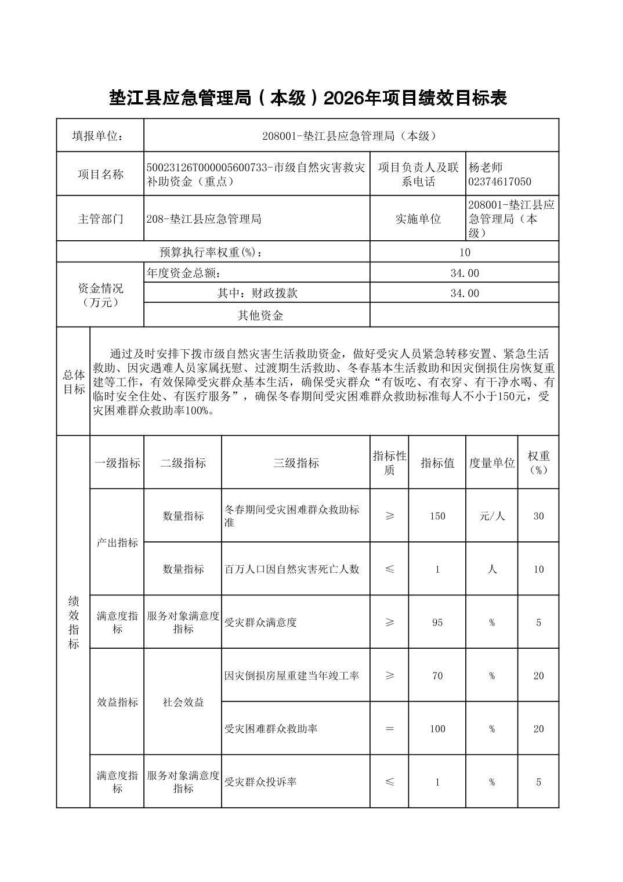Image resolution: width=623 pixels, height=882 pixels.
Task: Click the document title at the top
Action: point(308,98)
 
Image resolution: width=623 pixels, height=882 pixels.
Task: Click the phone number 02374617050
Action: point(499,182)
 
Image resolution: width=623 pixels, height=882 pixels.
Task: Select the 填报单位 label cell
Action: point(100,136)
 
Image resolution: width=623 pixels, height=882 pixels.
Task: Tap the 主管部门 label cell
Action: point(100,219)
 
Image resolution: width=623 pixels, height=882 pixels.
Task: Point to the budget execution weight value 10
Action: point(464,252)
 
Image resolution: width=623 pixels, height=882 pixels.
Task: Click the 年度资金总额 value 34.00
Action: point(464,273)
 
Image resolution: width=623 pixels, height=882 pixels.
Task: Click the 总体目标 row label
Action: point(74,382)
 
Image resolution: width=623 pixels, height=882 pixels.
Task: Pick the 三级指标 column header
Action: point(296,463)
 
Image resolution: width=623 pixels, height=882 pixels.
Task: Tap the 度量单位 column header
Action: point(492,463)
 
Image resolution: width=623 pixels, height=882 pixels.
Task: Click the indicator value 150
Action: point(437,516)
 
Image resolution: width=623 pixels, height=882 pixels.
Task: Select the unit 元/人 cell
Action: point(492,516)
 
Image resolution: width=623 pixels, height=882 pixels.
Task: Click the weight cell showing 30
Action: point(538,516)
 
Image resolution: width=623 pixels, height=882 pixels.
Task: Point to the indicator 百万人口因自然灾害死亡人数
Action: point(292,569)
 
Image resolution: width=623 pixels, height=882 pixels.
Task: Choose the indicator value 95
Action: point(437,623)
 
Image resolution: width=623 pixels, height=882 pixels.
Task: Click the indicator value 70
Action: point(437,676)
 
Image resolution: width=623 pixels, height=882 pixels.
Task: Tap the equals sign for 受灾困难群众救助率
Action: point(389,729)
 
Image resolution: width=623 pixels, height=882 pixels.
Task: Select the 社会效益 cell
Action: point(183,702)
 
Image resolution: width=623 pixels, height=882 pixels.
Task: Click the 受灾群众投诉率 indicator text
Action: point(260,782)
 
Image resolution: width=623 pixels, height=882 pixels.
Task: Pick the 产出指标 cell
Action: point(117,543)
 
